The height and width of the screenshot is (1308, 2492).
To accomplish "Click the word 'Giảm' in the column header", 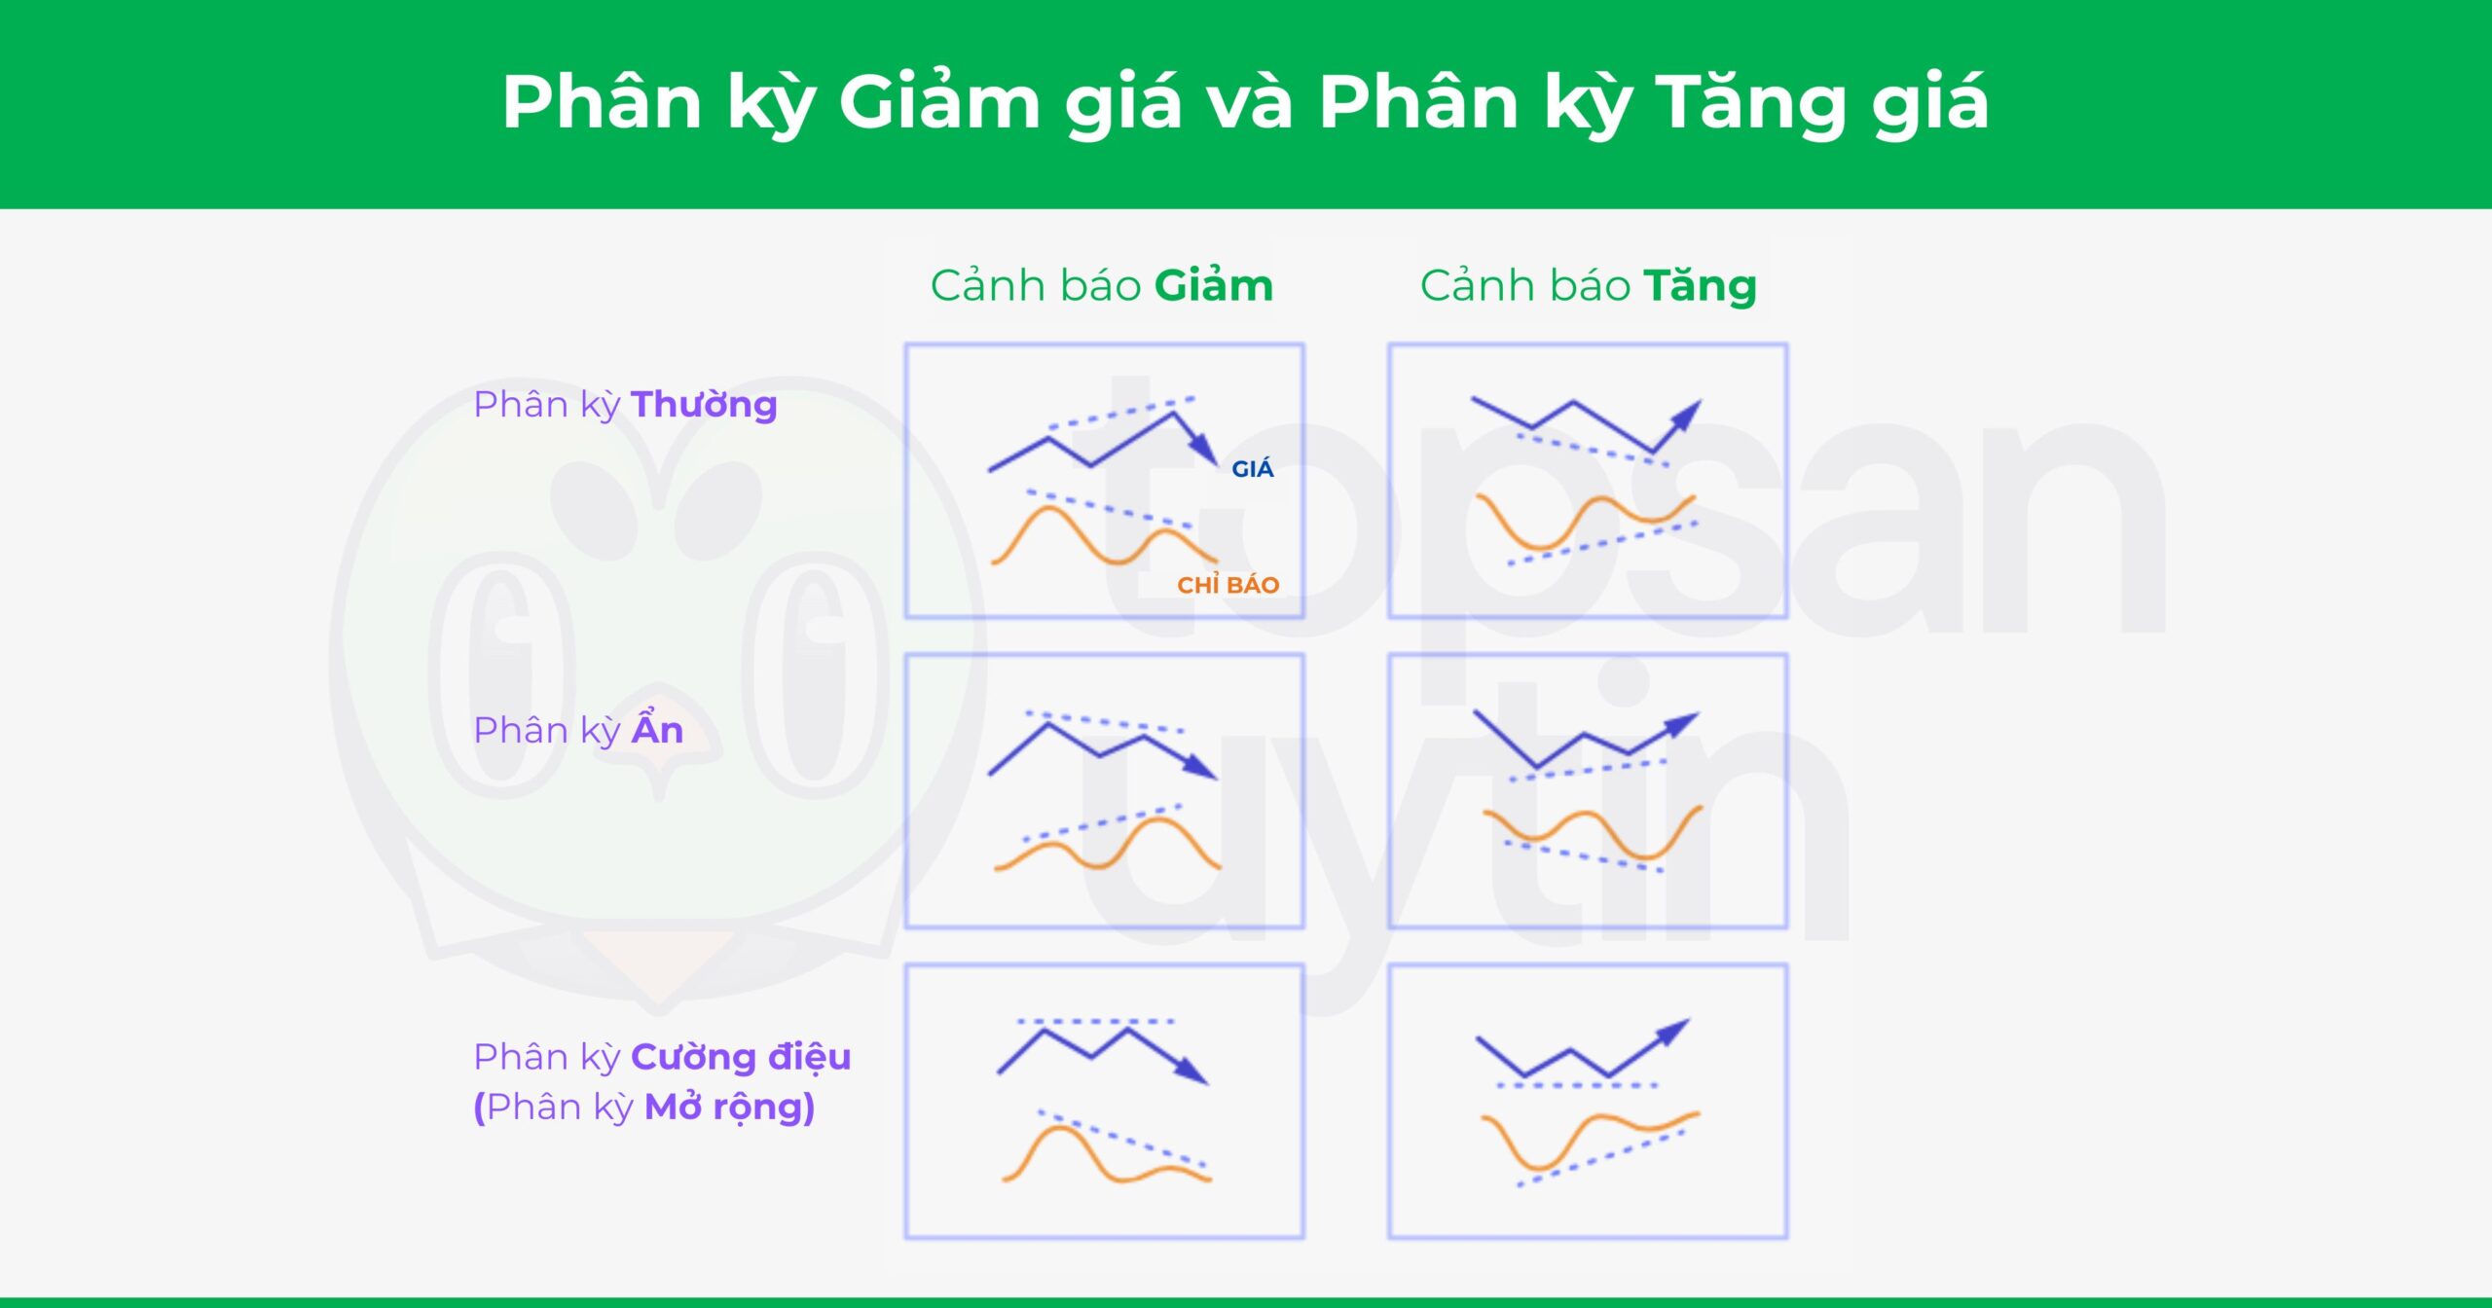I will [x=1213, y=286].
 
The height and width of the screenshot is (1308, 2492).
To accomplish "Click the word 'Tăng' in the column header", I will [x=1700, y=286].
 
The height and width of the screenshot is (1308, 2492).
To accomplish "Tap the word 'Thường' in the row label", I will [x=704, y=405].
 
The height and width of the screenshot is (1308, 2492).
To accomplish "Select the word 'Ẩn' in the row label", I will [x=658, y=730].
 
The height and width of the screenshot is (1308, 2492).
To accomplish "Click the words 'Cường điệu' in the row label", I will [x=741, y=1057].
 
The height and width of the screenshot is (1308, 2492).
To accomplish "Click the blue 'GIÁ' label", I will [x=1252, y=469].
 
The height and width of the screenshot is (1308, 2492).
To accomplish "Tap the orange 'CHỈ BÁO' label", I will [x=1228, y=585].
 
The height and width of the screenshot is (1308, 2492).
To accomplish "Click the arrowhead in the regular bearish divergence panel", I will [x=1206, y=452].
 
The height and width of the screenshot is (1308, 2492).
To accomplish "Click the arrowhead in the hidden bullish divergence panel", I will [x=1684, y=723].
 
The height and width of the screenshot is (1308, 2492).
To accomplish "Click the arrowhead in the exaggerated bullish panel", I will [x=1675, y=1032].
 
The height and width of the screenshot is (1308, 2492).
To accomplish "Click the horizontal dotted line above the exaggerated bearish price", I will [x=1095, y=1022].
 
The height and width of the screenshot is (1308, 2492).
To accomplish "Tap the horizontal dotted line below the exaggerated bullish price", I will [x=1577, y=1085].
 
